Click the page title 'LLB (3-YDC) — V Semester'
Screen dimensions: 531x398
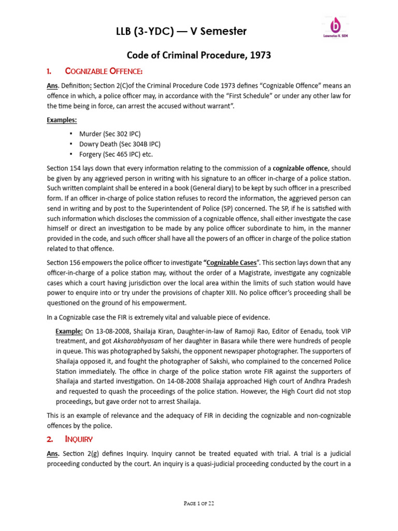click(x=181, y=32)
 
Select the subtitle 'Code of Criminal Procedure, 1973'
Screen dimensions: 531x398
click(x=198, y=54)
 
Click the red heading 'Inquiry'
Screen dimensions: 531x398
click(x=78, y=439)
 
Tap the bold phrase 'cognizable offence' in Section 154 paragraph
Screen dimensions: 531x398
click(x=301, y=169)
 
